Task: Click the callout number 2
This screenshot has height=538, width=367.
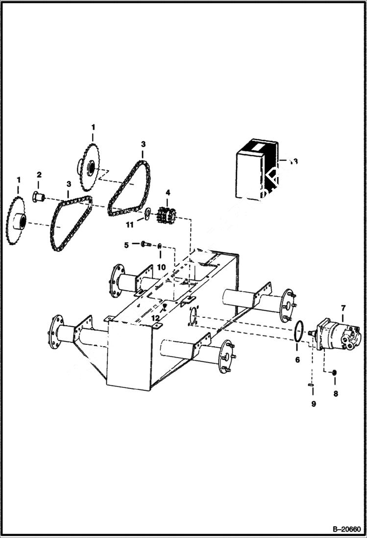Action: click(39, 175)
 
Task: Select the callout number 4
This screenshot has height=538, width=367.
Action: click(168, 193)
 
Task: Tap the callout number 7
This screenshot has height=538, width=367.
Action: click(343, 308)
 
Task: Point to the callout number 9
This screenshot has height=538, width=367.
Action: click(314, 404)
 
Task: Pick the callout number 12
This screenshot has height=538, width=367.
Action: click(155, 318)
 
